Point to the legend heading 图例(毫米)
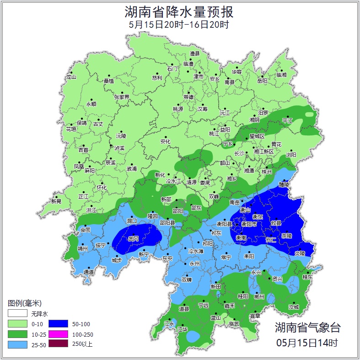coord(25,303)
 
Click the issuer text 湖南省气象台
coord(307,328)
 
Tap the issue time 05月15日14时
coord(307,342)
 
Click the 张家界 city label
coord(122,97)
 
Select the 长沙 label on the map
coord(239,153)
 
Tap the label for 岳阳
coord(262,81)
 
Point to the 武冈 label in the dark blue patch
coord(133,239)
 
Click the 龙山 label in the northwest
coord(71,77)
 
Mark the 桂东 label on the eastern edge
coord(307,277)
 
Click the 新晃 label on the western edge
coord(56,201)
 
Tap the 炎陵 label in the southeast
coord(299,253)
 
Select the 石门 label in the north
coord(172,68)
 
